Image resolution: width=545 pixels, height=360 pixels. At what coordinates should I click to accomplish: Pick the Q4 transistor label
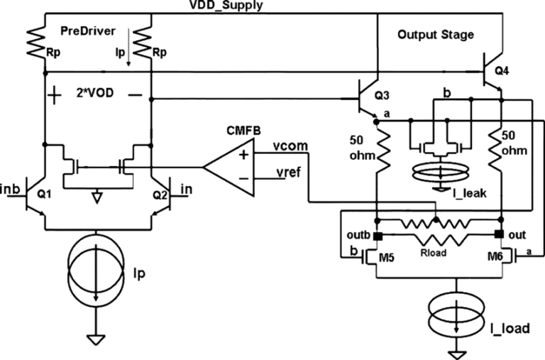(502, 70)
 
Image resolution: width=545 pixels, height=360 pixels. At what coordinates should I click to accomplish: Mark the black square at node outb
(378, 236)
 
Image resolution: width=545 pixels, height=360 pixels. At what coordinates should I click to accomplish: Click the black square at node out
(499, 235)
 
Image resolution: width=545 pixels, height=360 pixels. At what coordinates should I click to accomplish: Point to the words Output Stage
(435, 34)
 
